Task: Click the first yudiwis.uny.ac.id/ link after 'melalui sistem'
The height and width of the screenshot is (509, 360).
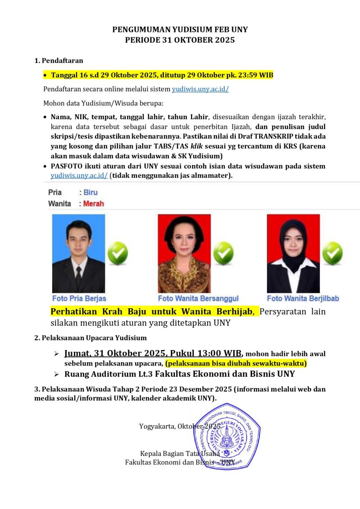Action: tap(200, 89)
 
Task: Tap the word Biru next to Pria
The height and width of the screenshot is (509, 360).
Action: tap(90, 193)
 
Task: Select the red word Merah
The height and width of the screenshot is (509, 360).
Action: tap(94, 203)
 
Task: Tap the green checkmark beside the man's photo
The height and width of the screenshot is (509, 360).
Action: tap(117, 253)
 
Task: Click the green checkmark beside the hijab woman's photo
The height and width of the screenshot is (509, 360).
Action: tap(332, 253)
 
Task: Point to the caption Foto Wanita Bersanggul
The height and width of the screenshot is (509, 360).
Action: tap(198, 298)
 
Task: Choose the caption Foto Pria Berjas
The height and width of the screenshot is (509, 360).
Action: tap(79, 298)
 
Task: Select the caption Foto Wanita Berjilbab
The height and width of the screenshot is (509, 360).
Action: tap(303, 298)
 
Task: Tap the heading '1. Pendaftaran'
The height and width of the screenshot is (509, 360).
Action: tap(59, 61)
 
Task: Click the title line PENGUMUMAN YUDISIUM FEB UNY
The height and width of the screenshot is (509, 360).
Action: tap(180, 30)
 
